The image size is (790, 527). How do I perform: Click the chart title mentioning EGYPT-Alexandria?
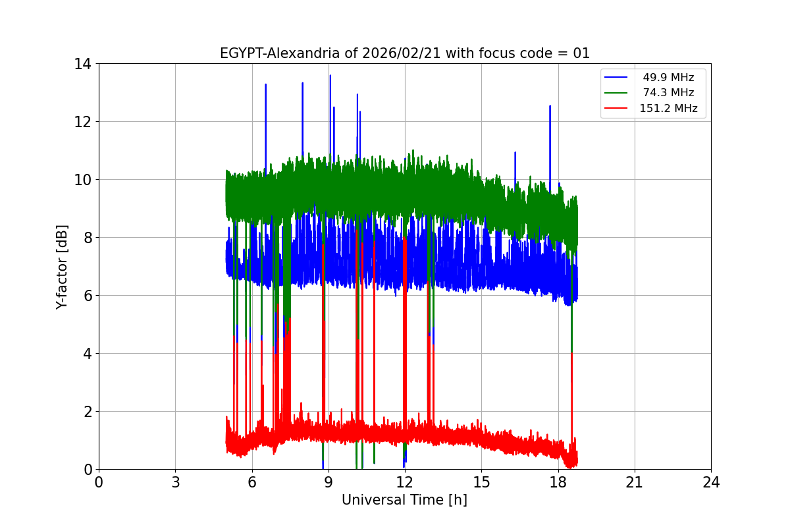click(x=404, y=53)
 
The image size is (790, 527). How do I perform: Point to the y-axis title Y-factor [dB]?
click(x=62, y=266)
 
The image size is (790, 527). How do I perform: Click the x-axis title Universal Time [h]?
click(x=404, y=500)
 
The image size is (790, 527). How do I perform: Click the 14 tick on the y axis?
click(x=82, y=64)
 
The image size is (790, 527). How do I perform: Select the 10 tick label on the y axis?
click(x=82, y=180)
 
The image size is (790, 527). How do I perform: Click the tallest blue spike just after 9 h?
click(x=330, y=76)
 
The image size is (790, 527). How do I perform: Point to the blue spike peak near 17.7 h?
click(x=550, y=106)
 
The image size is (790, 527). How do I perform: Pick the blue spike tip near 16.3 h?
click(x=515, y=153)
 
